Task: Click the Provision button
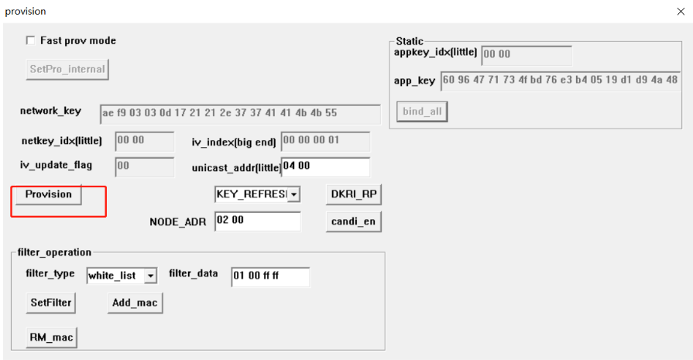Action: [49, 194]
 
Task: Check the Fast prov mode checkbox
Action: [30, 40]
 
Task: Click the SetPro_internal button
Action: [67, 70]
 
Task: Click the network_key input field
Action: [241, 114]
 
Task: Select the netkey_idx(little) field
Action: [145, 142]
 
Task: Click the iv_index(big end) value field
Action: [325, 142]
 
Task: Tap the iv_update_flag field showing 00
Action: [145, 166]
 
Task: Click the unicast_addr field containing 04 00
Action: [326, 167]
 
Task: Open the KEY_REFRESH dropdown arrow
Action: [293, 194]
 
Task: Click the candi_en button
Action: [354, 221]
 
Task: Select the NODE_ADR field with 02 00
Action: [258, 221]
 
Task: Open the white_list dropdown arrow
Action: [150, 276]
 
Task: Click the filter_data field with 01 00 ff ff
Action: [270, 276]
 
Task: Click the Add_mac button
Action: [135, 303]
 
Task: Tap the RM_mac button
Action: [51, 338]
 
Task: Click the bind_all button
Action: [422, 111]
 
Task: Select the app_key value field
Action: [561, 81]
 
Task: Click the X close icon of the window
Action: [681, 12]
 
